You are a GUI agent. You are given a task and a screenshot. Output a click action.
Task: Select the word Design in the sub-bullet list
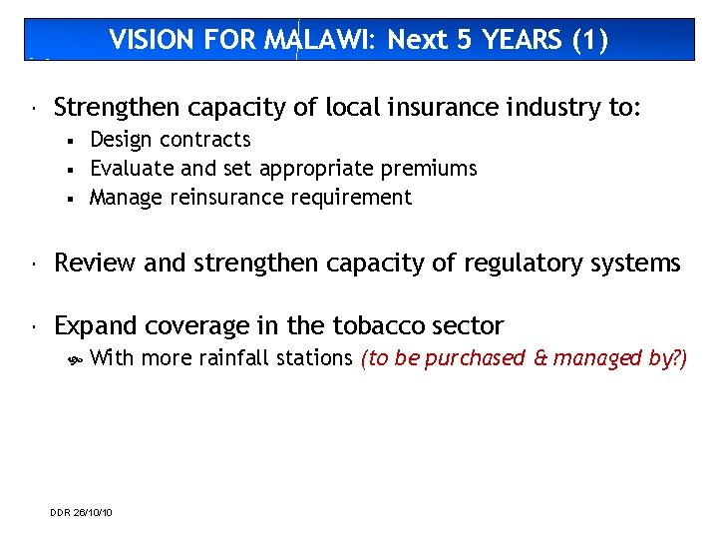point(120,140)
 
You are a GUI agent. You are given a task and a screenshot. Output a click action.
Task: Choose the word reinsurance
point(227,198)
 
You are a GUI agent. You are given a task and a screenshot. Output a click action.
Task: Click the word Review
point(96,263)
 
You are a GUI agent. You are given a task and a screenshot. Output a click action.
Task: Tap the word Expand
point(97,325)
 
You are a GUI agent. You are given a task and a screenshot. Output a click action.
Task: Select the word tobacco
point(371,325)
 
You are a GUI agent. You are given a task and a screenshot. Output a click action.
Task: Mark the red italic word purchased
point(475,357)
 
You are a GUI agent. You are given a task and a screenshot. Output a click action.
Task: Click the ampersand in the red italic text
point(539,357)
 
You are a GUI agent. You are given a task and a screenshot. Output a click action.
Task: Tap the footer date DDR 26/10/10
point(81,512)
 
